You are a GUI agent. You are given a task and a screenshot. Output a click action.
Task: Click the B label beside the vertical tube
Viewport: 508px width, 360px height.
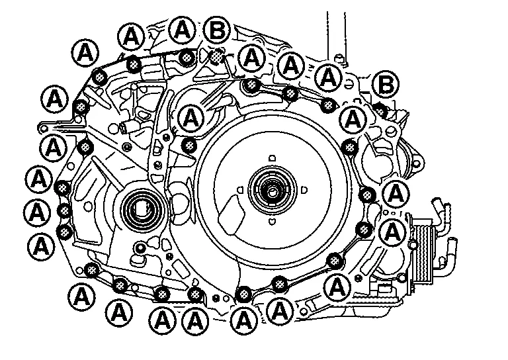(384, 85)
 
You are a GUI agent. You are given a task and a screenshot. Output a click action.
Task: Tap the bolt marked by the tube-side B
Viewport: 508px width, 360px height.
(380, 109)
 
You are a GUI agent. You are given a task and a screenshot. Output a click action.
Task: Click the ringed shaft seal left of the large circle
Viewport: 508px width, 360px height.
(140, 208)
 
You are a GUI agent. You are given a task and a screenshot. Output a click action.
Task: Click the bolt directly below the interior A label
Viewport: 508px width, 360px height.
(190, 145)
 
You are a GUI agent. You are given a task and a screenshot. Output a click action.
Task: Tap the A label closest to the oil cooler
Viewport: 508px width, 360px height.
(393, 232)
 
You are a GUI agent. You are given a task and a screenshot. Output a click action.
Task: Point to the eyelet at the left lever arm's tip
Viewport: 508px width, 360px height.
(42, 126)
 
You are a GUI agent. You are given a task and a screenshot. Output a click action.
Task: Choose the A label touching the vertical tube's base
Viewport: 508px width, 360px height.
(328, 77)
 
